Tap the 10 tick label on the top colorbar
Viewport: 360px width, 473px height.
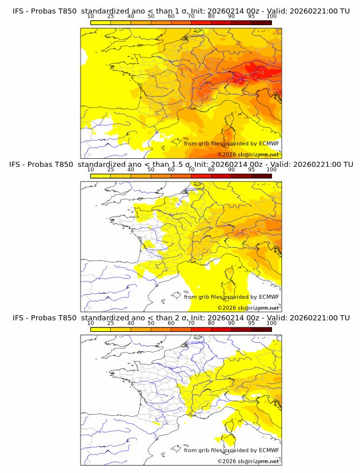(x=90, y=16)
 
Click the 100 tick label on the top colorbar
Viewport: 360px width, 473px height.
(x=271, y=16)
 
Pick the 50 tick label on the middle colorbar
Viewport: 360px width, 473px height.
(x=151, y=170)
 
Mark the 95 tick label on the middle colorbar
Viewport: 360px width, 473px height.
(x=251, y=170)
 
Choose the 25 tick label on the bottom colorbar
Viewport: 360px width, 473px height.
(x=110, y=323)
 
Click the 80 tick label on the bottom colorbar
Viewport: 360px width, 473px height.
(x=211, y=323)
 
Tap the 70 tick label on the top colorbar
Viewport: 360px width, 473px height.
(x=191, y=16)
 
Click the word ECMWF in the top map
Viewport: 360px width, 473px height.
(x=269, y=143)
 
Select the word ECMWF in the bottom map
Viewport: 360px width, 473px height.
(x=269, y=450)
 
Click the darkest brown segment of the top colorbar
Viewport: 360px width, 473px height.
(x=261, y=22)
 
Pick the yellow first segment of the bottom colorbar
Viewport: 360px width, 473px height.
(x=101, y=329)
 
